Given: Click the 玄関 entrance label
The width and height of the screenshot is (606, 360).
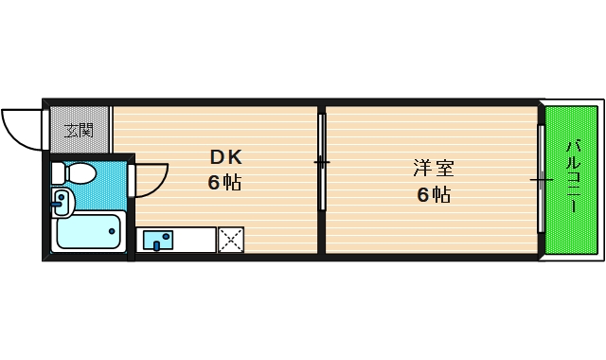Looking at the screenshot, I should [x=79, y=130].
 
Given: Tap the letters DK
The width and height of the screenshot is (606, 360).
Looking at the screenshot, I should [x=225, y=158].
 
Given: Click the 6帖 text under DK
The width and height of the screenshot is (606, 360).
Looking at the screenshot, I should [x=225, y=183].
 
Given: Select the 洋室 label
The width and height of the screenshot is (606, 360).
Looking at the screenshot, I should [x=434, y=170].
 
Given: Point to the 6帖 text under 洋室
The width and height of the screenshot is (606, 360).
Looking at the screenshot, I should [x=434, y=195].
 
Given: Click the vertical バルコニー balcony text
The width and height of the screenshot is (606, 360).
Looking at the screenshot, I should [x=572, y=178].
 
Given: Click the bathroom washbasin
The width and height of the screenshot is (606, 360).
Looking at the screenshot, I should [x=62, y=202].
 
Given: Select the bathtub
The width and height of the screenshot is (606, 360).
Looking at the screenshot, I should [x=90, y=232].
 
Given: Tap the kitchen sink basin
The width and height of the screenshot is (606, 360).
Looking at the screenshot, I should [x=157, y=241].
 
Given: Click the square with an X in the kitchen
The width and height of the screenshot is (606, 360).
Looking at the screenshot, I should [x=230, y=241].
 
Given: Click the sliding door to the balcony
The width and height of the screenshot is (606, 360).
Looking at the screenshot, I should [x=541, y=178].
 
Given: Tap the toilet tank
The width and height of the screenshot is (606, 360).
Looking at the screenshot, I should [x=59, y=173].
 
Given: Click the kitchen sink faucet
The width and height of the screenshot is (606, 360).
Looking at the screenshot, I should [x=156, y=246].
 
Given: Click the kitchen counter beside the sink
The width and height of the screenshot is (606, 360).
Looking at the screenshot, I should [x=195, y=241].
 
